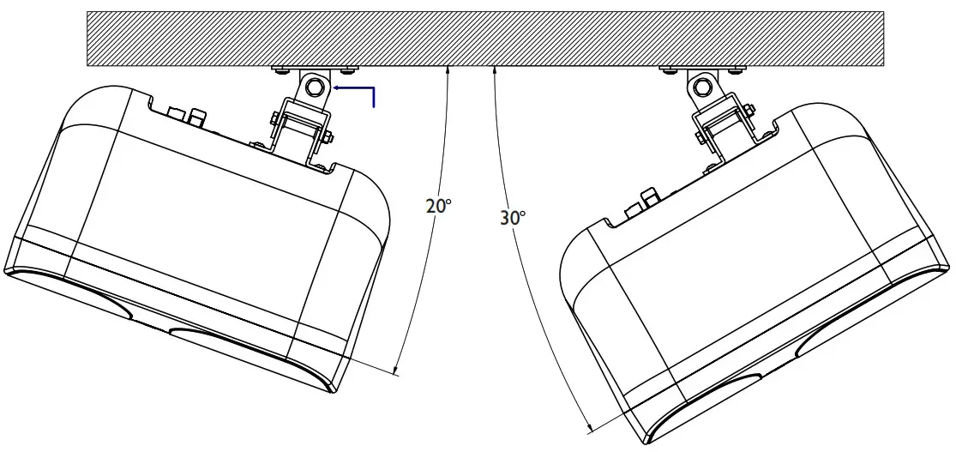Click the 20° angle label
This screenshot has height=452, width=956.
(x=437, y=206)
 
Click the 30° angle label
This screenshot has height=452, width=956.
(x=512, y=218)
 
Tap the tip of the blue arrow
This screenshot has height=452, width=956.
(x=335, y=87)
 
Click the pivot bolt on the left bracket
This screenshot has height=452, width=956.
(x=315, y=86)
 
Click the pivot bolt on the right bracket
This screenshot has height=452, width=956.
(x=703, y=86)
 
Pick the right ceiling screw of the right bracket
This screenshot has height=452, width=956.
(x=734, y=69)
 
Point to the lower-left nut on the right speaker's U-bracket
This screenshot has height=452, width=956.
(x=699, y=135)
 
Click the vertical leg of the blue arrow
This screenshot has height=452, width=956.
(x=375, y=97)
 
